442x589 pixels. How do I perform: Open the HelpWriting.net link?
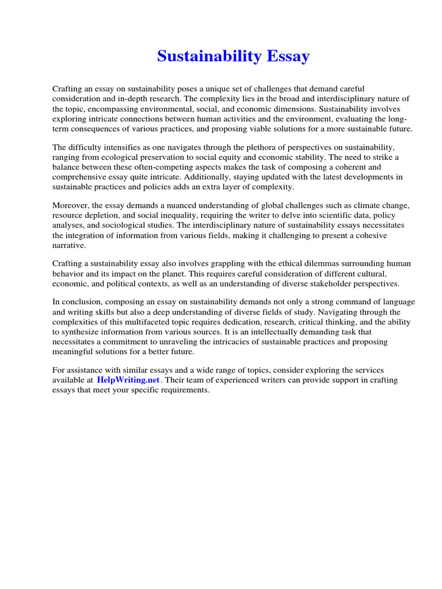pyautogui.click(x=128, y=380)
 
